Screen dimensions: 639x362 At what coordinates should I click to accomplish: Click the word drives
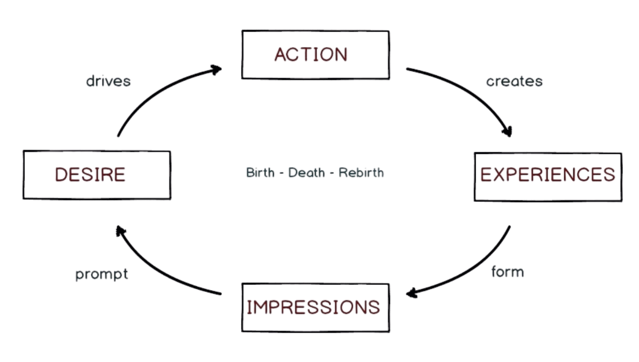coord(109,81)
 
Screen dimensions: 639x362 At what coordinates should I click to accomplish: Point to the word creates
coord(514,81)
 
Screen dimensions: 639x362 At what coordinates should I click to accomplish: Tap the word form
coord(508,271)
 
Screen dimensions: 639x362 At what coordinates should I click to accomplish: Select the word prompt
coord(101,274)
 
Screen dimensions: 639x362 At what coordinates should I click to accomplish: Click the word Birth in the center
coord(260,172)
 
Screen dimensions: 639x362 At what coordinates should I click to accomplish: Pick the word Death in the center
coord(306,172)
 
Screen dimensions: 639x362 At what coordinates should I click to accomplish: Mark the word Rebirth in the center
coord(361,172)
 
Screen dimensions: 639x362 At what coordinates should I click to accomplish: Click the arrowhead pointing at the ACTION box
coord(216,70)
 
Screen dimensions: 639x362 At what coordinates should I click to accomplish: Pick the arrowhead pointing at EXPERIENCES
coord(508,131)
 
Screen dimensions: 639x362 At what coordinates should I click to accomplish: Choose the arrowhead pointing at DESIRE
coord(120,231)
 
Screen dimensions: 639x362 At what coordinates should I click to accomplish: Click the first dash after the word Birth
coord(281,173)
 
